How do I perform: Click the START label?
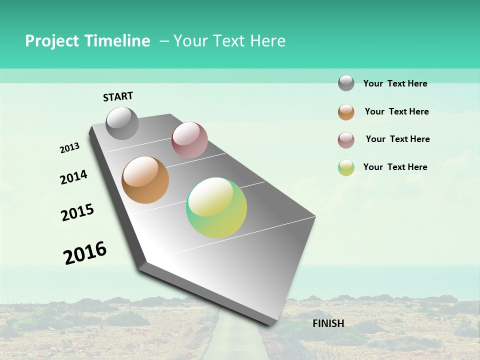point(118,96)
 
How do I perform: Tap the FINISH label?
point(328,323)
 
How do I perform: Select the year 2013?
point(69,148)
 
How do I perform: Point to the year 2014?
point(73,177)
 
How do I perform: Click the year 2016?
point(85,253)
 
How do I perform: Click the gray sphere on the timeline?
point(122,123)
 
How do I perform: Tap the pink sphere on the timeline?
point(189,139)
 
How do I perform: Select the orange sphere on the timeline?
point(145,180)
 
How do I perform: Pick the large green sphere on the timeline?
point(216,207)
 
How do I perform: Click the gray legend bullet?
point(346,83)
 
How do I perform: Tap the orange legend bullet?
point(346,112)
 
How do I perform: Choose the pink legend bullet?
point(346,140)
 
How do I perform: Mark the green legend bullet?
point(346,167)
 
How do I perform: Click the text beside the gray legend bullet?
point(395,83)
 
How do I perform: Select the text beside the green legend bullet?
point(395,167)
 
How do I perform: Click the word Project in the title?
point(51,41)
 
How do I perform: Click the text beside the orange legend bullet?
point(396,111)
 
